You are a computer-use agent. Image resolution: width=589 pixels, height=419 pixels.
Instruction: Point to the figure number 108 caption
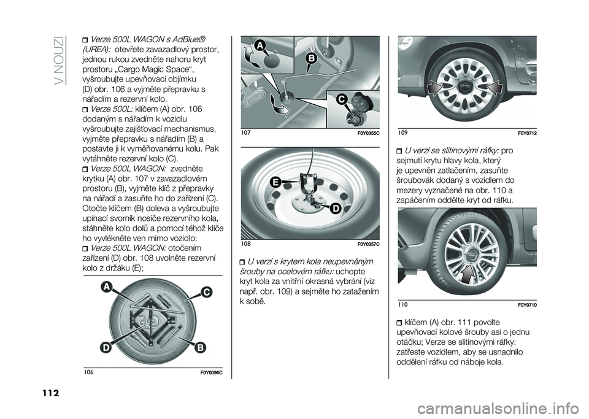[246, 244]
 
